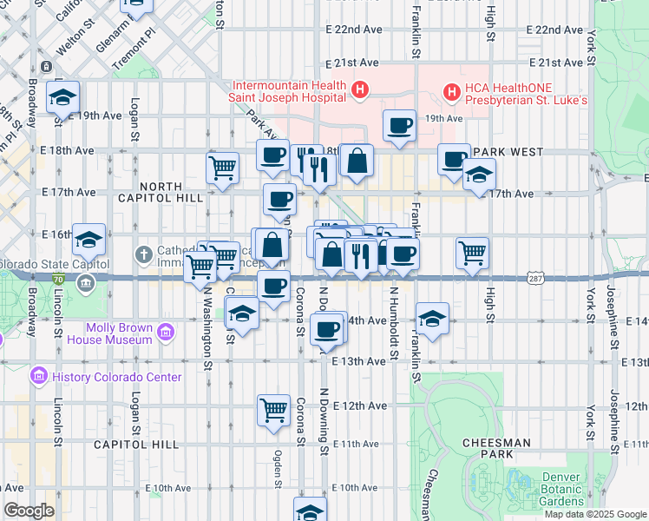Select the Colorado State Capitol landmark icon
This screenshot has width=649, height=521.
(x=85, y=281)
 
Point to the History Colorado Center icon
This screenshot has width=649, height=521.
(x=38, y=377)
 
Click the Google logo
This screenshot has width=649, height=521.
(x=29, y=511)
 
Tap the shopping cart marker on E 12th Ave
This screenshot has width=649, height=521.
(x=273, y=409)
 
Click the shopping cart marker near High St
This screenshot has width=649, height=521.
(x=472, y=254)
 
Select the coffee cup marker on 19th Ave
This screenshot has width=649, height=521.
(x=399, y=126)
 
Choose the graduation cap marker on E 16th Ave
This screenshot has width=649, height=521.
(x=88, y=239)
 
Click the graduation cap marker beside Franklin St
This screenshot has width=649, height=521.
(x=431, y=318)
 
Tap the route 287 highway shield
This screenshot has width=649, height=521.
(x=535, y=277)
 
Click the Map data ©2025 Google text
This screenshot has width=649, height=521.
(x=594, y=514)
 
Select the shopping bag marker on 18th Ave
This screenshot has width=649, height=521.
(x=357, y=161)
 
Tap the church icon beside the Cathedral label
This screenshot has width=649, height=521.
(x=145, y=255)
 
